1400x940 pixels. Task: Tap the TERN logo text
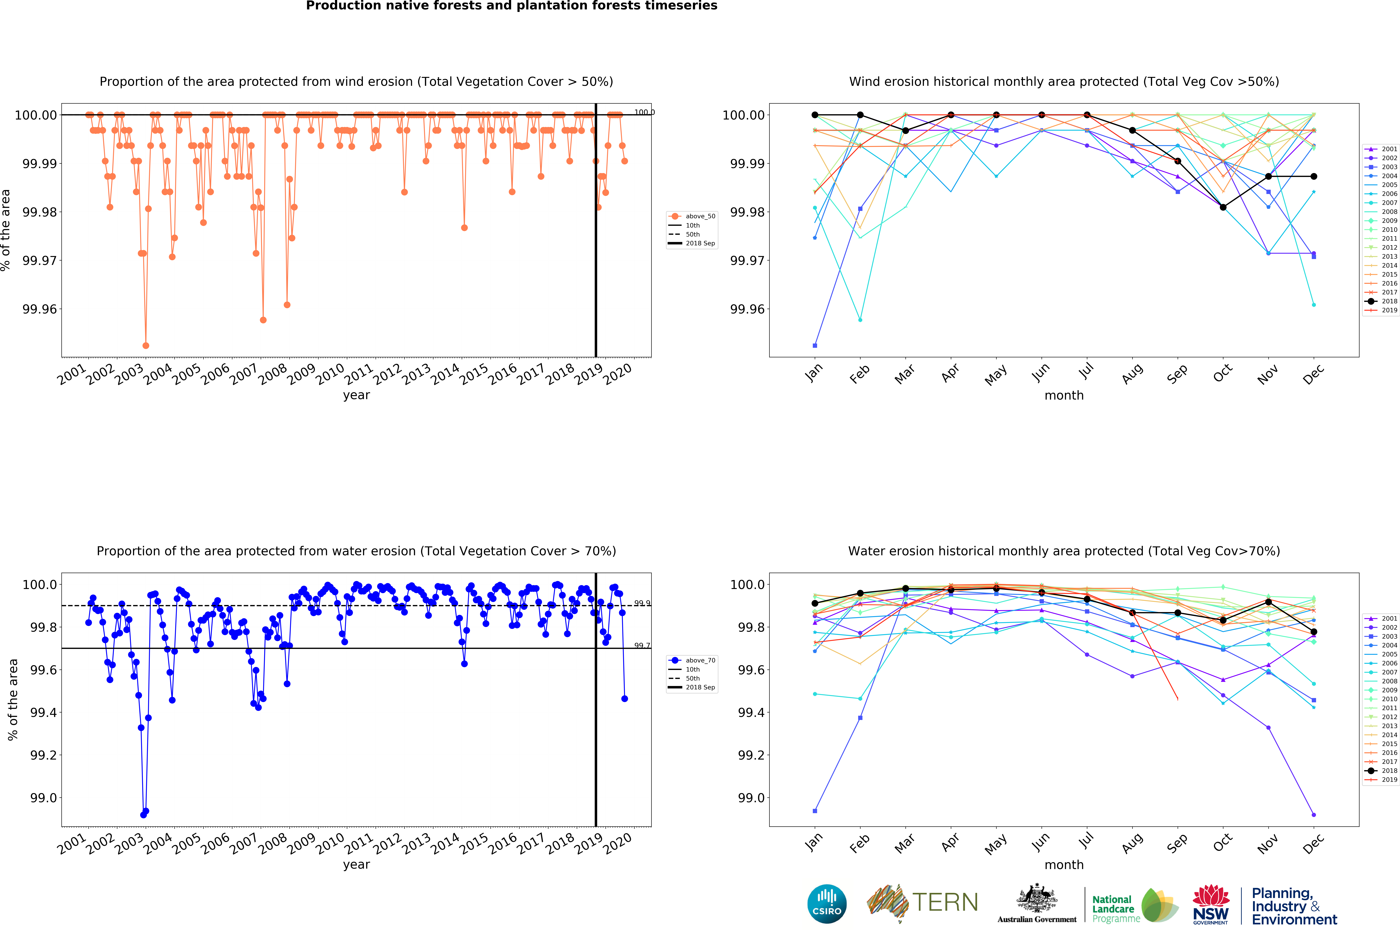[945, 902]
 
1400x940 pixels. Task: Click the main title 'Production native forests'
[511, 6]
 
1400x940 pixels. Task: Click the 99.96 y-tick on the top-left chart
[40, 309]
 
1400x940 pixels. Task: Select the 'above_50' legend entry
[693, 216]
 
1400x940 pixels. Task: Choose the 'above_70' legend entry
[693, 661]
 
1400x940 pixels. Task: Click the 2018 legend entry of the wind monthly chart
[1381, 302]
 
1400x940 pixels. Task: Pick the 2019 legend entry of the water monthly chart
[1381, 780]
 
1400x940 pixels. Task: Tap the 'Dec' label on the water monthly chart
[1313, 843]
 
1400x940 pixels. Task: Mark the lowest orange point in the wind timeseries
[146, 346]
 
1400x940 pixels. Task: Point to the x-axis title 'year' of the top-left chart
[356, 395]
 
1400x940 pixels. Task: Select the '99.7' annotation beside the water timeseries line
[642, 646]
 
